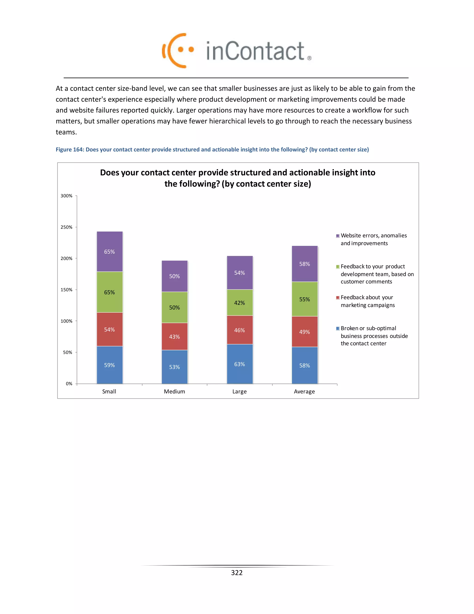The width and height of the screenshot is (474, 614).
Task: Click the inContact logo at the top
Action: (x=237, y=51)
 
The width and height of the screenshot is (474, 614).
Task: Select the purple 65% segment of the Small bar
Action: (x=109, y=251)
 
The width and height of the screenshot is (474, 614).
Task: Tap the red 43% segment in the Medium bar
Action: (x=174, y=336)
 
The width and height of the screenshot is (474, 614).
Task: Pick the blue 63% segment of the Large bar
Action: (x=240, y=364)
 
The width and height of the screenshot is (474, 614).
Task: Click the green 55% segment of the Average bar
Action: (x=304, y=299)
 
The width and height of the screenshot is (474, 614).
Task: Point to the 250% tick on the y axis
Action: (x=67, y=227)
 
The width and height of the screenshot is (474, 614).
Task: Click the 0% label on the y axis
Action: (x=69, y=384)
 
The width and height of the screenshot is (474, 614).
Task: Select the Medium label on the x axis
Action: (x=174, y=392)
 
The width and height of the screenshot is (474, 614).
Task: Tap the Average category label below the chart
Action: (x=304, y=392)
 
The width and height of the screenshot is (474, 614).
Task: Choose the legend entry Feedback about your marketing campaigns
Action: (x=367, y=301)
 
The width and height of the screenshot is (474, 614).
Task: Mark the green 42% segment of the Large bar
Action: (x=240, y=303)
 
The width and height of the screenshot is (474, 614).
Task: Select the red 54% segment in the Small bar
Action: (x=109, y=329)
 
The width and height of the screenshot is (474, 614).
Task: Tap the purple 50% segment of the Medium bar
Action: (x=174, y=276)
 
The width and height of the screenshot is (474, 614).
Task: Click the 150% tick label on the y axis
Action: (x=67, y=290)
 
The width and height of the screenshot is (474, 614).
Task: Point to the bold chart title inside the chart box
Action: (x=237, y=178)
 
